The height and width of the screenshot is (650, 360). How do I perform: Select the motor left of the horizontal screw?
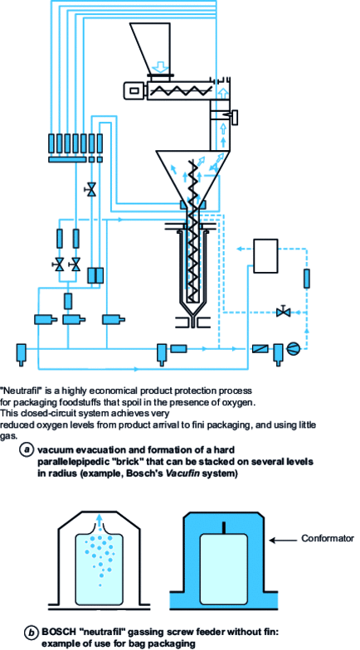[x=134, y=88]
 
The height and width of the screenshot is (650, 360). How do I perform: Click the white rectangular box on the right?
[x=266, y=255]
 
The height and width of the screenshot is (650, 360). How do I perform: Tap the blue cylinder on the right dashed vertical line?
[x=308, y=279]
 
